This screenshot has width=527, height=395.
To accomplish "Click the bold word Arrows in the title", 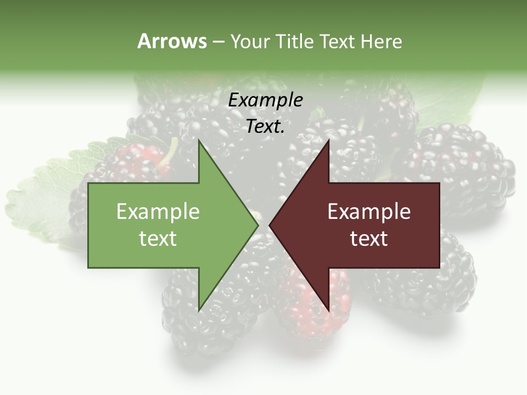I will coord(172,41).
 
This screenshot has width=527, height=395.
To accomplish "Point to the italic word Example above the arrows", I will coord(265,100).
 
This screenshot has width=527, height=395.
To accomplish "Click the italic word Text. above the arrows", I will coord(265,127).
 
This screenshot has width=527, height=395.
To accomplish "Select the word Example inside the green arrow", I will coord(158,212).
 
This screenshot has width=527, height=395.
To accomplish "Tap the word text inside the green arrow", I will coord(158,239).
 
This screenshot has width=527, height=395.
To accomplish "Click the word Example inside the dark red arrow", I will coord(369,212).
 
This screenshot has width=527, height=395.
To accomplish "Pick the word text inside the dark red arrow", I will coord(369,239).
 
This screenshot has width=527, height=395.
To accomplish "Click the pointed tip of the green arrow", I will coord(257,225).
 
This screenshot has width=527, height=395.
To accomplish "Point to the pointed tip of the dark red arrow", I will coord(270,225).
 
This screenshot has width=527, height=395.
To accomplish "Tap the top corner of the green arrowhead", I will coord(199,140).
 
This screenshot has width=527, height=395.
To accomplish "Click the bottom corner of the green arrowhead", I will coord(199,310).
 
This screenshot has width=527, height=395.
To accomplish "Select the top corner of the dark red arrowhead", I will coord(328,140).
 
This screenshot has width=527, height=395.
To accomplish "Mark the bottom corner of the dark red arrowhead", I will coord(328,310).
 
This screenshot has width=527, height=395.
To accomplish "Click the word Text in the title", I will coord(337,42).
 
